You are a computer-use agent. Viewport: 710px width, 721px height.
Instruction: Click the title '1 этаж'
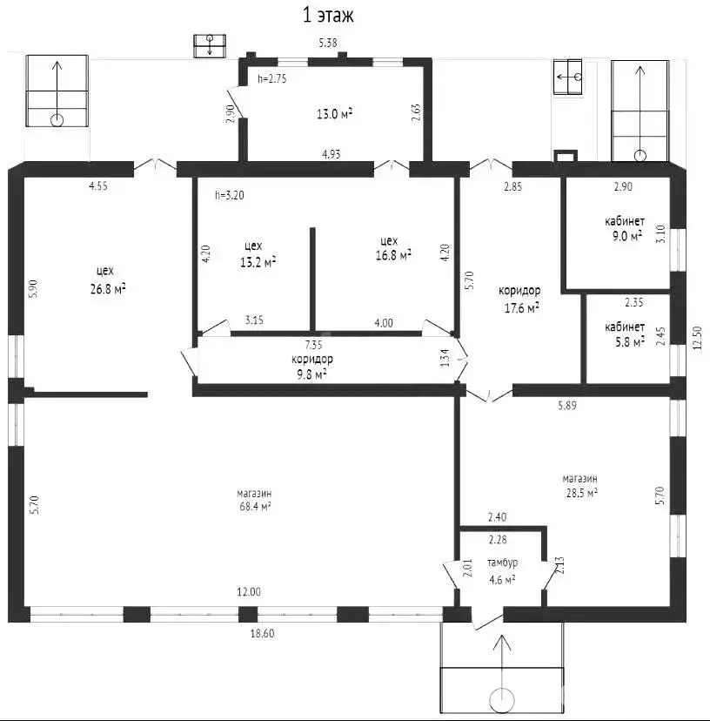327,15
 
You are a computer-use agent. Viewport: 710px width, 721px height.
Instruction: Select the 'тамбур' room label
502,563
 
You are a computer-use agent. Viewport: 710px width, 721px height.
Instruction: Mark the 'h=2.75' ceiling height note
272,78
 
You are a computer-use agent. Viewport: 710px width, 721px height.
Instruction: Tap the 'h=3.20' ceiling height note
230,195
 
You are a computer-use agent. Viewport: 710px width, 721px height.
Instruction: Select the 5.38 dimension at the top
328,43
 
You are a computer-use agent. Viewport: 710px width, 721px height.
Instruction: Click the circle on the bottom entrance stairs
502,698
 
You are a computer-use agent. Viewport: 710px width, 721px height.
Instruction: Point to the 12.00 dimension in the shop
250,591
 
